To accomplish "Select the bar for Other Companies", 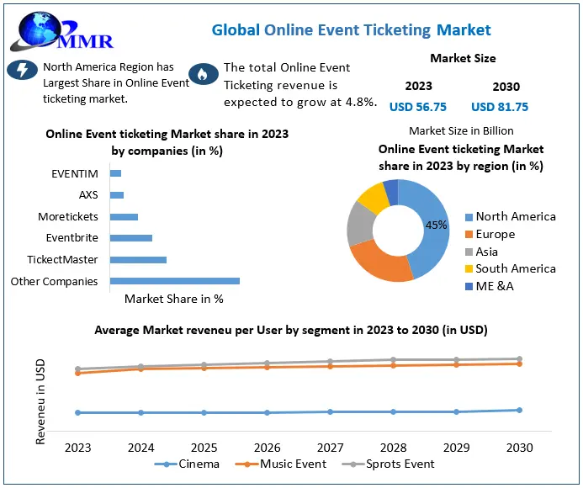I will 175,281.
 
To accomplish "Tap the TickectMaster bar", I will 138,259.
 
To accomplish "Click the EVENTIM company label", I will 75,173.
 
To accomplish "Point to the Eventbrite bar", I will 131,238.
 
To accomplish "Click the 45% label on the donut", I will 437,225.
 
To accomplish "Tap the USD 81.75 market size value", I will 500,107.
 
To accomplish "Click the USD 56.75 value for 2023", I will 418,107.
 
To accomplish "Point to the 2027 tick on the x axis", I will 331,448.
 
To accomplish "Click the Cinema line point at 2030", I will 519,410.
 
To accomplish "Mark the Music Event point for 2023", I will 78,373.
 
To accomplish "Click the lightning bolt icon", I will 21,70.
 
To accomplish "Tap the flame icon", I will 202,75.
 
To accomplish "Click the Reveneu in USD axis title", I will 40,400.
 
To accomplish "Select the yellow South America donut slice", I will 372,197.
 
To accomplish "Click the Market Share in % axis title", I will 173,298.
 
